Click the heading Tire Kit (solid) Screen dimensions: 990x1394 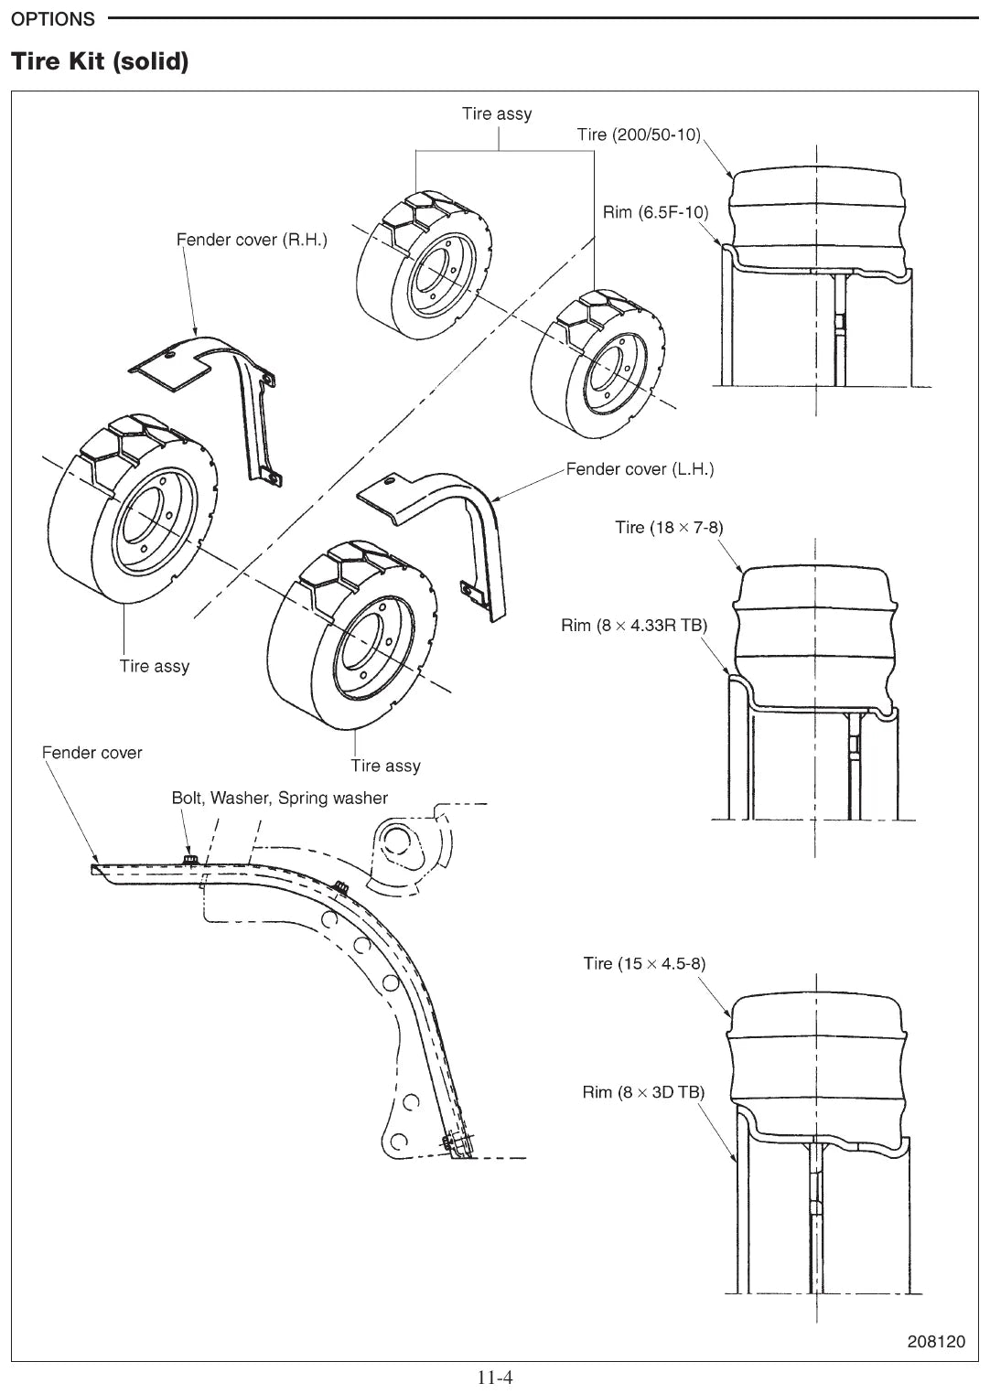100,61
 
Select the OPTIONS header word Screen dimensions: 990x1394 53,19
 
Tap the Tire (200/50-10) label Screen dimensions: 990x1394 639,134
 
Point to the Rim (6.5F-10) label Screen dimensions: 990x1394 656,212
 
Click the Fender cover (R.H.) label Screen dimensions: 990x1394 253,240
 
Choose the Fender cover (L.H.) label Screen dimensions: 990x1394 640,468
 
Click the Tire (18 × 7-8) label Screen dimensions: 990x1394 670,527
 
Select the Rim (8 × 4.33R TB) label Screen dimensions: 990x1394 634,625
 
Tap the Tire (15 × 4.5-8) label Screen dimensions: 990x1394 644,963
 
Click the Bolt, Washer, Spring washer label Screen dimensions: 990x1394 280,798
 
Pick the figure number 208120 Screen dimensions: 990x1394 936,1341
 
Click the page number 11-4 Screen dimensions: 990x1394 495,1378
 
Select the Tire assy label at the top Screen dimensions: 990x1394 497,114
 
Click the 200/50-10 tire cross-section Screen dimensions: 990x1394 817,218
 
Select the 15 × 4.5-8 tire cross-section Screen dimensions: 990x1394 817,1058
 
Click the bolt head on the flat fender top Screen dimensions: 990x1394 190,860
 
